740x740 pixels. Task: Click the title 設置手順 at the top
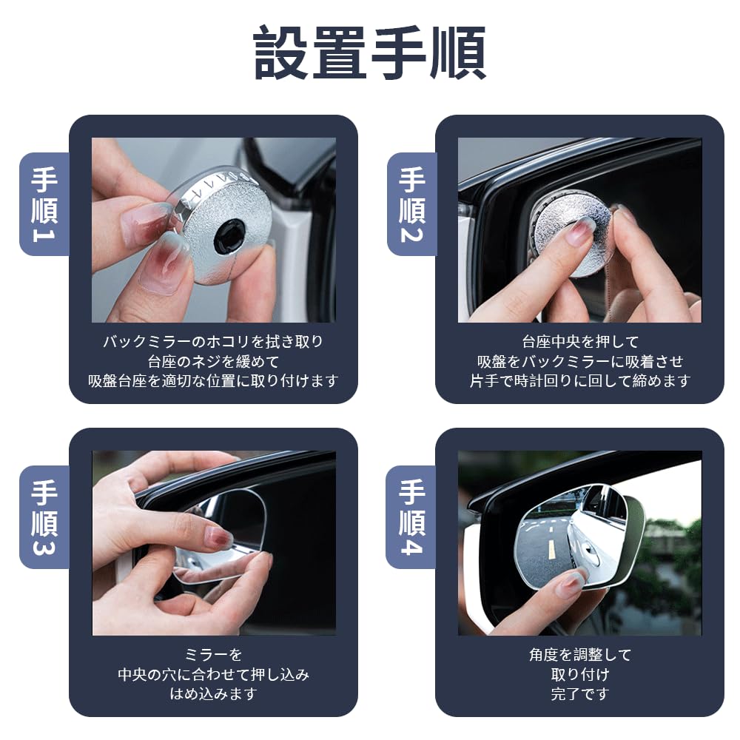(x=370, y=53)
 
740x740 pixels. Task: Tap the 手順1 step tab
(x=44, y=203)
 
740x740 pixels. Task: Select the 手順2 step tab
(x=412, y=203)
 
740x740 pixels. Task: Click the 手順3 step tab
(x=44, y=517)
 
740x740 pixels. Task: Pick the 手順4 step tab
(x=412, y=517)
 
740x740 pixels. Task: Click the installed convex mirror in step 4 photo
(x=573, y=533)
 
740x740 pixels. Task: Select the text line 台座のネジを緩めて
(x=213, y=361)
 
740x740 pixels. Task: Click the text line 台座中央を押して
(x=580, y=342)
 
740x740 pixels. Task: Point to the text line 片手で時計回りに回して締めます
(x=580, y=381)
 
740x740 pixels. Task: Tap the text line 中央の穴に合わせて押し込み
(x=213, y=674)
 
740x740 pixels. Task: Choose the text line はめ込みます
(x=213, y=694)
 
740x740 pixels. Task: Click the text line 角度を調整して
(x=580, y=655)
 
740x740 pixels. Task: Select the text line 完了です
(x=580, y=694)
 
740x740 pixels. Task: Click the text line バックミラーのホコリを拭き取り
(x=213, y=342)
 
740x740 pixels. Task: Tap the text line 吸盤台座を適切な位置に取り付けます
(x=213, y=381)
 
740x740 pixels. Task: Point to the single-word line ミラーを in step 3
(x=213, y=655)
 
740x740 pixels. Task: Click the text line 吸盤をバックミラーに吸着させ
(x=580, y=361)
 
